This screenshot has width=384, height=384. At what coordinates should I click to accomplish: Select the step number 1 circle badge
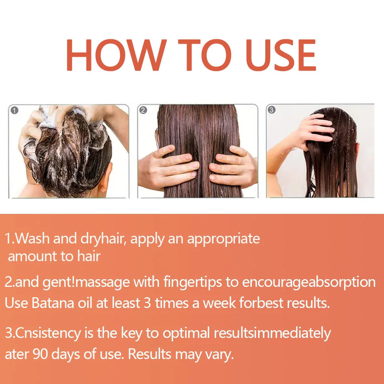(x=15, y=111)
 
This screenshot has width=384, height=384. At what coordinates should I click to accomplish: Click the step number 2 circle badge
(x=143, y=111)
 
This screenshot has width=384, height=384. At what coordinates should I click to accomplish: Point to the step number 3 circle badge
(x=271, y=110)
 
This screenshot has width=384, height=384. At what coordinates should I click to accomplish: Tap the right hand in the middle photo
(x=232, y=167)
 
